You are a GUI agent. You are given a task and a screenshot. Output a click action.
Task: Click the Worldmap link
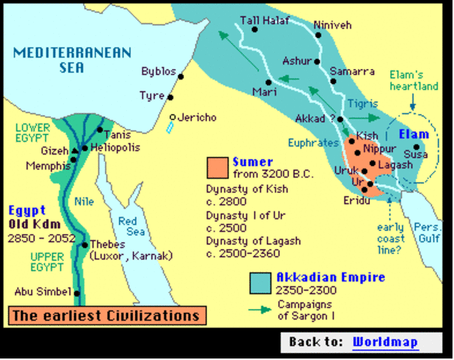(385, 342)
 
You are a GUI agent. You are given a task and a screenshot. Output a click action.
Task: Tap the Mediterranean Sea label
(72, 59)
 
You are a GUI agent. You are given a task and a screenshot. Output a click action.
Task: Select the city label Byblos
(158, 72)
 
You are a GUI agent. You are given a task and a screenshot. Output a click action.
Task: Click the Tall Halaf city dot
(255, 30)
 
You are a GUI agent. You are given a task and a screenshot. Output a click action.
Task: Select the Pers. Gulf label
(430, 234)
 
